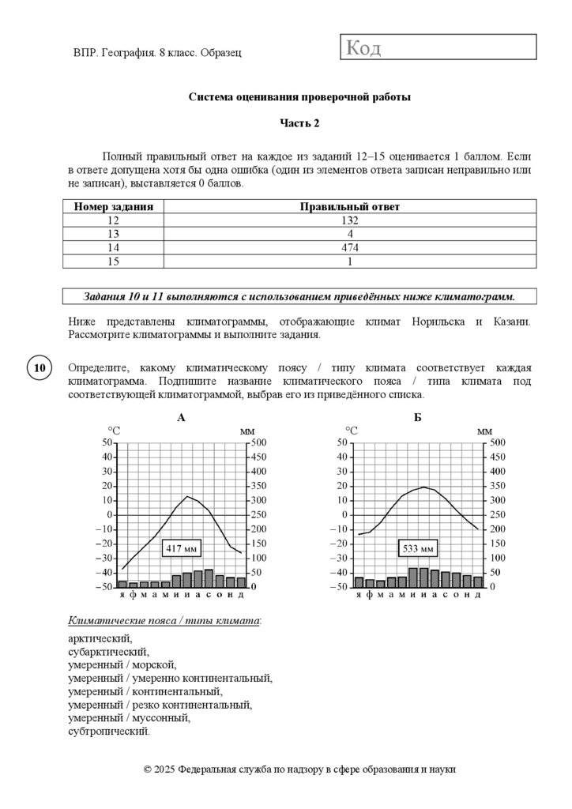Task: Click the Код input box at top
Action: pos(438,47)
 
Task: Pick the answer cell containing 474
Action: pos(349,247)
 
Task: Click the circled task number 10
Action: pos(40,368)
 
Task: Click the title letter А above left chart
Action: pos(182,417)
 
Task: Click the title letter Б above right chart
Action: pos(417,417)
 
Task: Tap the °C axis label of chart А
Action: pos(114,431)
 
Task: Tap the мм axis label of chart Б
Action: pos(484,431)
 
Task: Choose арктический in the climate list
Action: pos(100,638)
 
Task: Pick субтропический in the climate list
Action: pos(108,732)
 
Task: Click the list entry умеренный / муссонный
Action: pos(130,718)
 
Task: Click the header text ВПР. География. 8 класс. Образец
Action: pos(156,52)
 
